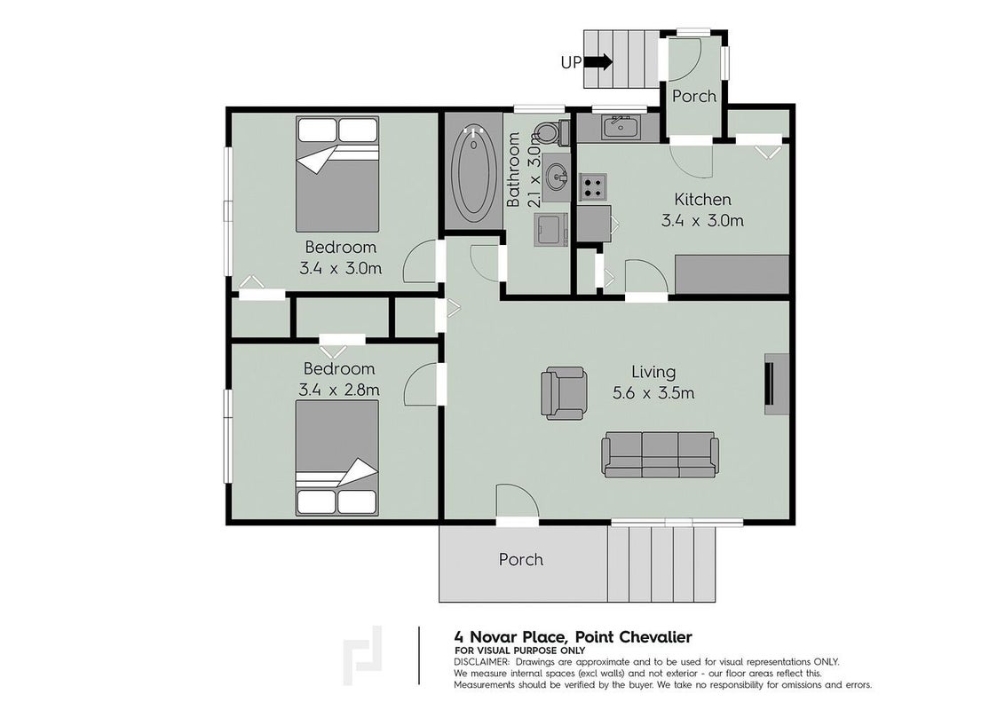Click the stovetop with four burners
pyautogui.click(x=592, y=186)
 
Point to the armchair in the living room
pyautogui.click(x=564, y=393)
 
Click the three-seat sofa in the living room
pyautogui.click(x=660, y=454)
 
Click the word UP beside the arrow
pyautogui.click(x=571, y=62)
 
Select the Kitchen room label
pyautogui.click(x=702, y=200)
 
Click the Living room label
pyautogui.click(x=653, y=372)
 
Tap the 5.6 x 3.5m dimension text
pyautogui.click(x=653, y=393)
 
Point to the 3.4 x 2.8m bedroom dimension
pyautogui.click(x=339, y=390)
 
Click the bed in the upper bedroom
pyautogui.click(x=337, y=174)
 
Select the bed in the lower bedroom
pyautogui.click(x=337, y=458)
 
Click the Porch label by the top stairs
pyautogui.click(x=694, y=96)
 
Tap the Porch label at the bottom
pyautogui.click(x=521, y=559)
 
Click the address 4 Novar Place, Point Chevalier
pyautogui.click(x=573, y=637)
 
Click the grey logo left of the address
pyautogui.click(x=363, y=656)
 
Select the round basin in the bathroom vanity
pyautogui.click(x=556, y=174)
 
